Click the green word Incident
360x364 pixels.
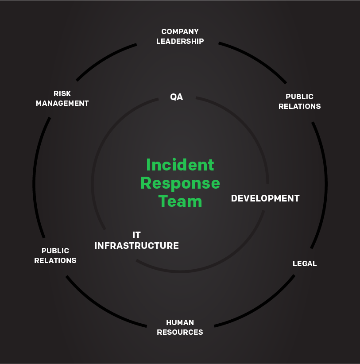click(180, 165)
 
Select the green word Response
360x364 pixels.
click(180, 183)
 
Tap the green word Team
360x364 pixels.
click(180, 201)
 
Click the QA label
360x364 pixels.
click(176, 97)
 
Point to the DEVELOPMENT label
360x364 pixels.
click(265, 198)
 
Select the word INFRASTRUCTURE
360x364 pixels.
click(136, 245)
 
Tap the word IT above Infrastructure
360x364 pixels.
click(136, 235)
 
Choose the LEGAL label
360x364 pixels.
click(305, 263)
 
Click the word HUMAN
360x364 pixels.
click(180, 322)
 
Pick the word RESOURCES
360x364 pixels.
click(180, 332)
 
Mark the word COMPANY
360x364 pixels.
click(180, 31)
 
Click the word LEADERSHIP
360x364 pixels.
click(180, 41)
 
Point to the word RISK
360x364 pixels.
click(62, 93)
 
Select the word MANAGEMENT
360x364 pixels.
click(62, 103)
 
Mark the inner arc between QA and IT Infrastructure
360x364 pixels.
click(100, 146)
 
